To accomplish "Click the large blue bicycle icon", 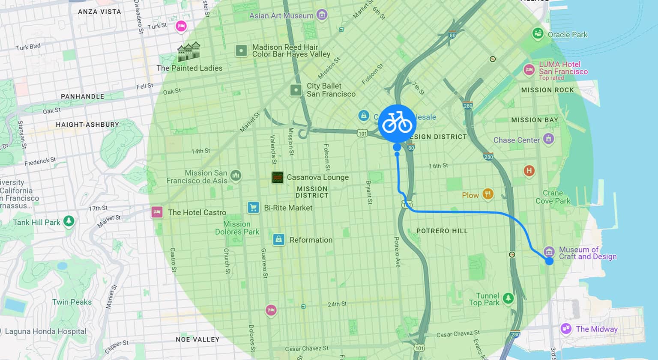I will pos(397,123).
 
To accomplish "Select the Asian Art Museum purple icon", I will pos(322,15).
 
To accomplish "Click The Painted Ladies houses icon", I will pos(189,52).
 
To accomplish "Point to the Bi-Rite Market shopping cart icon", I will pos(253,208).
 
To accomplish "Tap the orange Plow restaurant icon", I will pos(488,194).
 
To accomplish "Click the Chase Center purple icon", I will pos(548,139).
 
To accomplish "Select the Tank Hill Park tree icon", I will pos(69,221).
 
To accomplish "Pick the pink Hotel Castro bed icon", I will pos(157,212).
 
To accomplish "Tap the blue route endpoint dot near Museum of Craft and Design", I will pos(549,261).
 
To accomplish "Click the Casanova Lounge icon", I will pos(278,177).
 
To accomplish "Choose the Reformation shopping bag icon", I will pos(278,239).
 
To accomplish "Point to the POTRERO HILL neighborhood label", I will pos(442,231).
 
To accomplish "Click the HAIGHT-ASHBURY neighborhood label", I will pos(87,125).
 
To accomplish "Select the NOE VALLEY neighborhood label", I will pos(197,339).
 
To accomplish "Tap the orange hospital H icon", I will pos(529,171).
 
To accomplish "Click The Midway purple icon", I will pos(566,329).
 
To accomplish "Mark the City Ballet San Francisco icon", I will pos(296,90).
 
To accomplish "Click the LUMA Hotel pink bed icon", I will pos(529,70).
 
